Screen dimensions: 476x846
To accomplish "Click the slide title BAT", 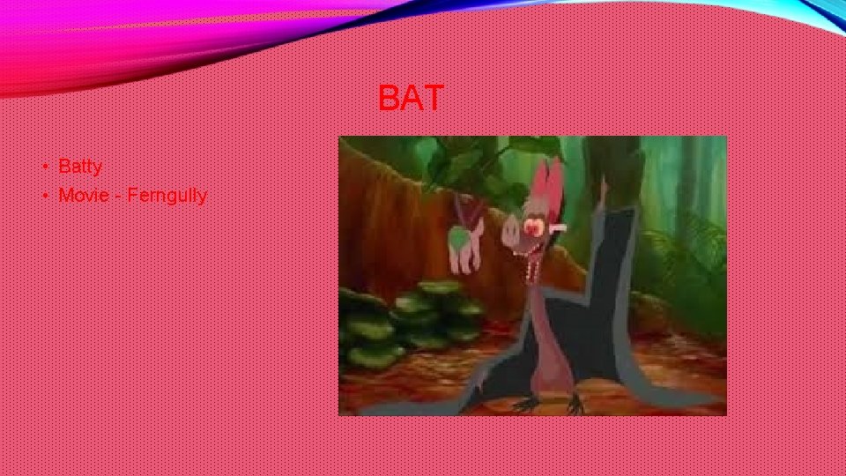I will pos(411,98).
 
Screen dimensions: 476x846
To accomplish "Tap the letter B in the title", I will pos(389,98).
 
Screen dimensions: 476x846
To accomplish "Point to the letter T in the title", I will pos(434,98).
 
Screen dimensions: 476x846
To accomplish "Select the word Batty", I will pos(80,166).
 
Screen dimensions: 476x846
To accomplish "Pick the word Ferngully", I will pos(167,196).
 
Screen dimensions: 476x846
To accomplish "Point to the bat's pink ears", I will pos(549,181).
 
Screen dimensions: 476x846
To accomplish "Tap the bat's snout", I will pos(513,234).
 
